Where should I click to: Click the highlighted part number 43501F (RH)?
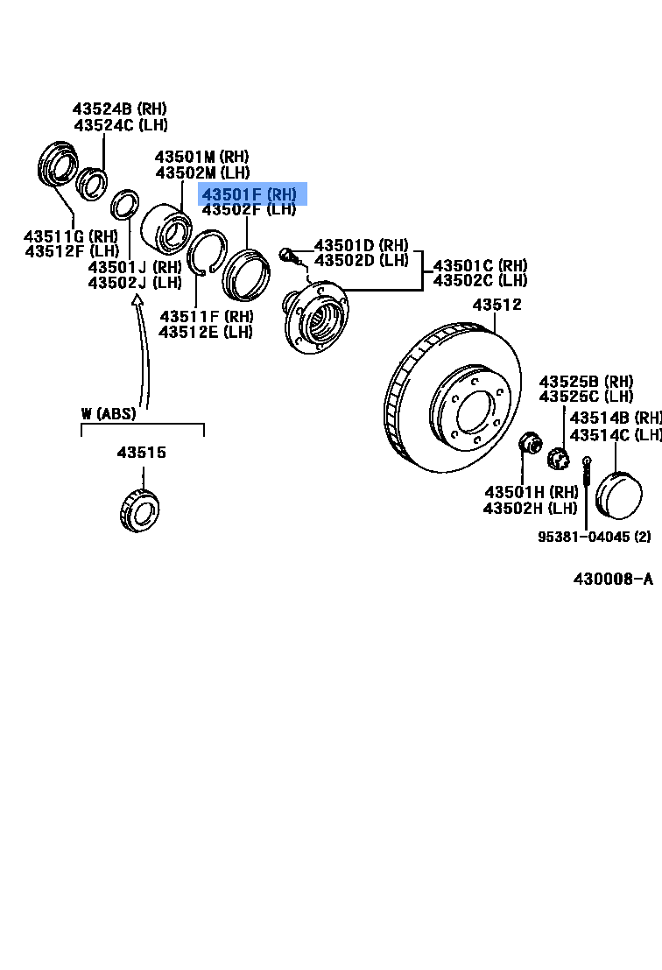(x=250, y=194)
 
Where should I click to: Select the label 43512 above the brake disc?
(x=496, y=305)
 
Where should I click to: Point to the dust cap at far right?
(x=618, y=496)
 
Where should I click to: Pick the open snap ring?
(x=209, y=254)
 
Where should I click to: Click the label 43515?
(x=142, y=453)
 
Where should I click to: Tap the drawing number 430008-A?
(x=613, y=579)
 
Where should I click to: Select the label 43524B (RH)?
(x=119, y=109)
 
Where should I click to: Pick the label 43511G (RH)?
(x=71, y=235)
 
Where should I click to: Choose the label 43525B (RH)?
(x=586, y=381)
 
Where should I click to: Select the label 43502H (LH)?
(x=532, y=508)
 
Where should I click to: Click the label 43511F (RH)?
(x=206, y=316)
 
